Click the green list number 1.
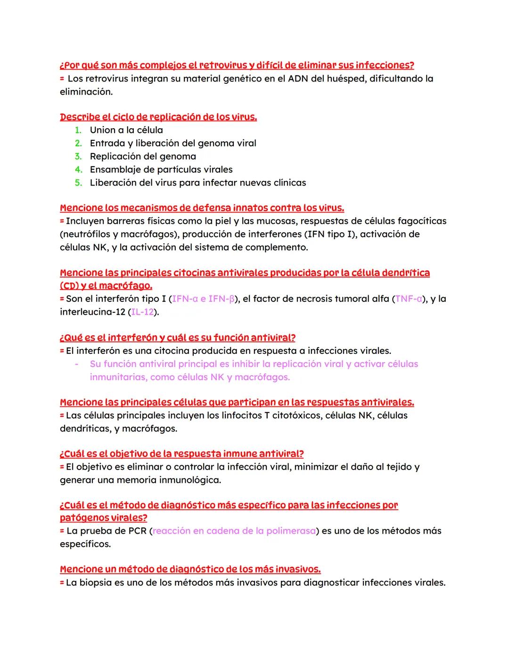click(x=78, y=130)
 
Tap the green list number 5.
click(x=78, y=183)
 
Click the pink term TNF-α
click(x=409, y=299)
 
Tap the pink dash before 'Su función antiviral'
click(x=76, y=364)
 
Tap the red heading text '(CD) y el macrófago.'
click(x=106, y=286)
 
